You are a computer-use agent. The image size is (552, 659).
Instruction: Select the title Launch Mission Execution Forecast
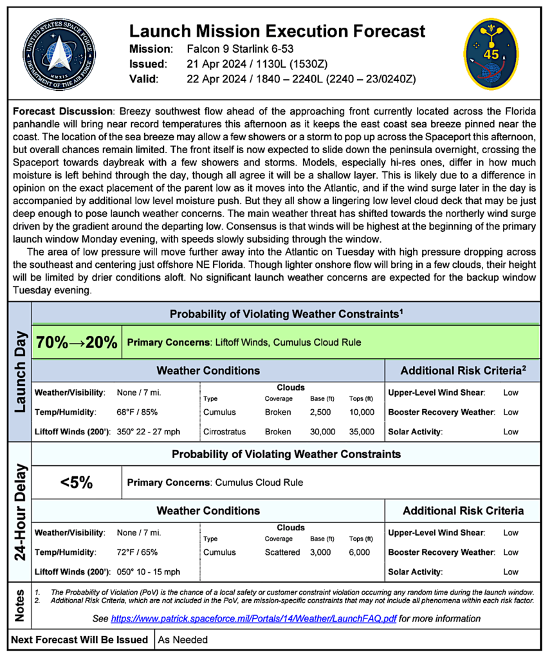(x=277, y=31)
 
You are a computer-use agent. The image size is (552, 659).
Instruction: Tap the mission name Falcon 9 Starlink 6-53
(x=239, y=50)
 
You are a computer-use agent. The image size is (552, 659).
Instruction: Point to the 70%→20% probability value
(x=77, y=343)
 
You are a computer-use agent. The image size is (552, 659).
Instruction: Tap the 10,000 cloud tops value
(x=361, y=412)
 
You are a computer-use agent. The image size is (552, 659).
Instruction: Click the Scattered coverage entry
(x=282, y=552)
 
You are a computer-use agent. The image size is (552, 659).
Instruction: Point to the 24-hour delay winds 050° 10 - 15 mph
(x=148, y=571)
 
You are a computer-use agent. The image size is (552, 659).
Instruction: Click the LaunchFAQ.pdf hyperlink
(x=253, y=619)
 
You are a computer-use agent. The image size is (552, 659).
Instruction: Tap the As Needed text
(x=183, y=640)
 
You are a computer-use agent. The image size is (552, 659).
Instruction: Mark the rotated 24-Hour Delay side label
(x=19, y=512)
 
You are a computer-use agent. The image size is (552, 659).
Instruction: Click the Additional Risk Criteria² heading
(x=462, y=371)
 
